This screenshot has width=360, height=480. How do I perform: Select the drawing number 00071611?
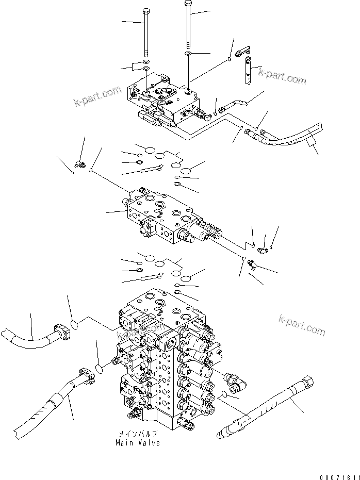point(337,474)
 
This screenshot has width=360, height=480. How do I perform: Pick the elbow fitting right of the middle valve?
point(263,251)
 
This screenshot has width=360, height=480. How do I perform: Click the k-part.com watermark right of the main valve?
point(302,325)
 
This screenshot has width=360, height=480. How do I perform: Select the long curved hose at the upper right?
point(289,137)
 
